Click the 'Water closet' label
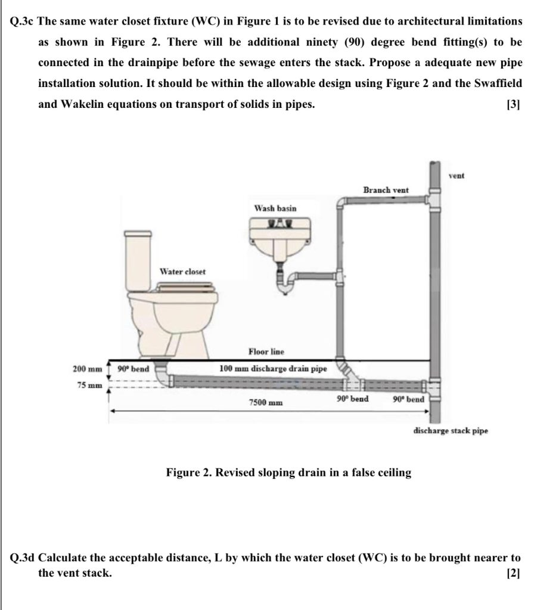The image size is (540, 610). click(182, 272)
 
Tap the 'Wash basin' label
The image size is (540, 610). click(275, 208)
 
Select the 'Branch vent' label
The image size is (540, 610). click(386, 189)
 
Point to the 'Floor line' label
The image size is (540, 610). click(266, 352)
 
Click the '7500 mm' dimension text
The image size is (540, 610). click(265, 403)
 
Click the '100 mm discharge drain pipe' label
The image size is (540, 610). click(273, 368)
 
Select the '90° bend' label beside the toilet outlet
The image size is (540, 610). click(133, 369)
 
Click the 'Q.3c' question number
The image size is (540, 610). click(23, 21)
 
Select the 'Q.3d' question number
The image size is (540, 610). click(23, 558)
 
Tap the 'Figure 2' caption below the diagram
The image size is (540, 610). click(288, 473)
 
